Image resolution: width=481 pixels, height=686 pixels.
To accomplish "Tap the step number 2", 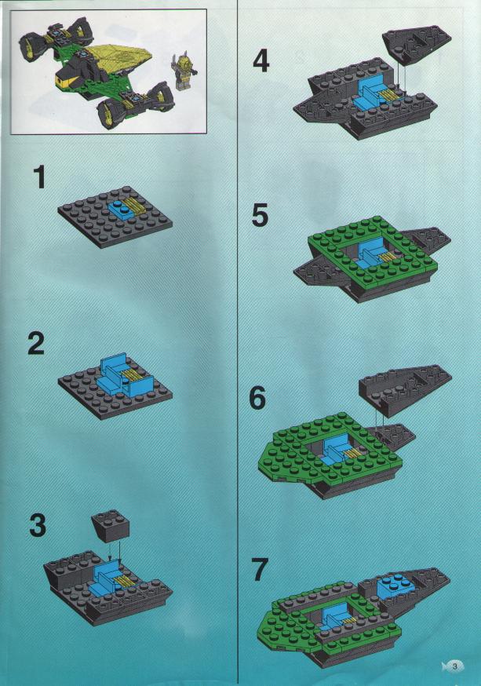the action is coord(36,344).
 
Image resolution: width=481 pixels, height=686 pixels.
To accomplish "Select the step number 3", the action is coord(38,525).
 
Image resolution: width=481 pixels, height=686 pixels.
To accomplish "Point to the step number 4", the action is coord(261,62).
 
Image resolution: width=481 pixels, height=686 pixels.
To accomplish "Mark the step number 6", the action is coord(257,398).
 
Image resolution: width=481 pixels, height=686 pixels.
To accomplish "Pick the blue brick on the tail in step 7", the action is coord(394,586).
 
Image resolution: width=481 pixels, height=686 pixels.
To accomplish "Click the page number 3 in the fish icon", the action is coord(455,666).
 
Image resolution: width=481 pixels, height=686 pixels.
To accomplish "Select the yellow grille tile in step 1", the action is coord(133,205).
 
